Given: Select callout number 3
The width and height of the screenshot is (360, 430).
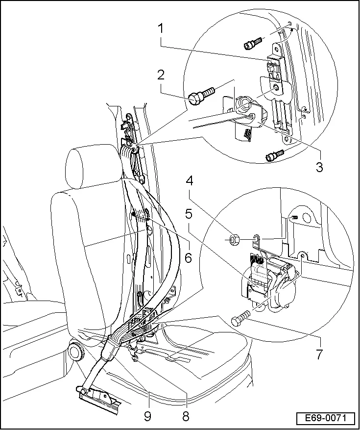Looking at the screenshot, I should (x=319, y=167).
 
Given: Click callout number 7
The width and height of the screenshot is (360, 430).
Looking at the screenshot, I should (x=319, y=354).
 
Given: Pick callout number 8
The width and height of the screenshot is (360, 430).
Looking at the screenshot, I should (x=185, y=416).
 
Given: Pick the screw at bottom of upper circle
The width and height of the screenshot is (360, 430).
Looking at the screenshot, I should (x=272, y=156).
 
